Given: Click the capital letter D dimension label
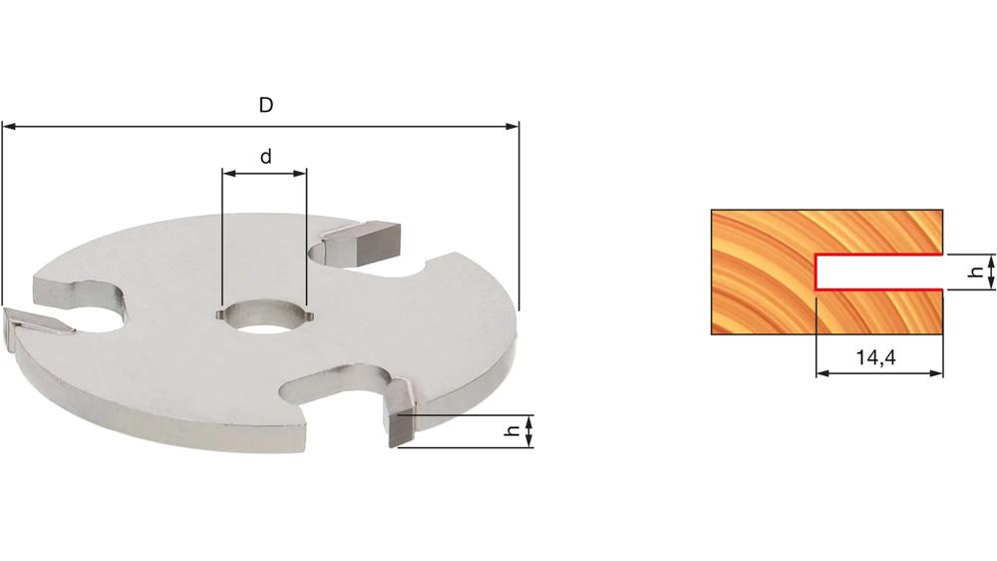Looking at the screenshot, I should pyautogui.click(x=266, y=105).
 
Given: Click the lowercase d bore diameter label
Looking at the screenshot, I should pyautogui.click(x=266, y=157).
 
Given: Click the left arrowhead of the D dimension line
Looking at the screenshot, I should pyautogui.click(x=9, y=127).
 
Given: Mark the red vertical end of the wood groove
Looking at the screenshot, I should pyautogui.click(x=816, y=271).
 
